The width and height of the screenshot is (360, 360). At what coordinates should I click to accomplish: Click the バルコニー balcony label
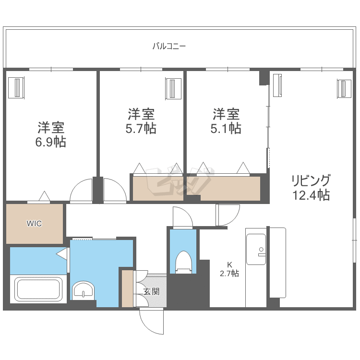click(x=169, y=47)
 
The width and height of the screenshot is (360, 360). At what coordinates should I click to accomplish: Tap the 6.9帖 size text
click(x=50, y=142)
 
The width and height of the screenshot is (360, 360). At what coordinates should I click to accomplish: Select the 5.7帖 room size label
click(x=141, y=128)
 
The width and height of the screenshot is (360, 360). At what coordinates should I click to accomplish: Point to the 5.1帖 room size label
click(x=226, y=128)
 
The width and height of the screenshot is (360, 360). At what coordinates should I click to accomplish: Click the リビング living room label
click(x=311, y=180)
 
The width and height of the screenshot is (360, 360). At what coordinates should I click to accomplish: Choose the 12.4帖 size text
click(x=311, y=195)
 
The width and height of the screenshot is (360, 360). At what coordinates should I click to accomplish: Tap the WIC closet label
click(x=34, y=223)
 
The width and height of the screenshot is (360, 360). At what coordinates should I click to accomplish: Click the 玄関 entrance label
click(x=152, y=291)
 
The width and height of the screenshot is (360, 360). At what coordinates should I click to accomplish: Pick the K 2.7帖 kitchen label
click(x=229, y=269)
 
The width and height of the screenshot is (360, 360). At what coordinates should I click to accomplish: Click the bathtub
click(x=38, y=289)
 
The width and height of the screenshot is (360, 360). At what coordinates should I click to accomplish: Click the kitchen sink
click(x=256, y=249)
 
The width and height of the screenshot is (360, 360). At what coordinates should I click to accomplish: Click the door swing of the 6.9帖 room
click(x=81, y=191)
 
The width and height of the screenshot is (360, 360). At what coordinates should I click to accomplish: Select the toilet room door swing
click(x=182, y=217)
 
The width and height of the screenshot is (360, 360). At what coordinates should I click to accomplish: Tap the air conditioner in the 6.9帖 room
click(x=16, y=88)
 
